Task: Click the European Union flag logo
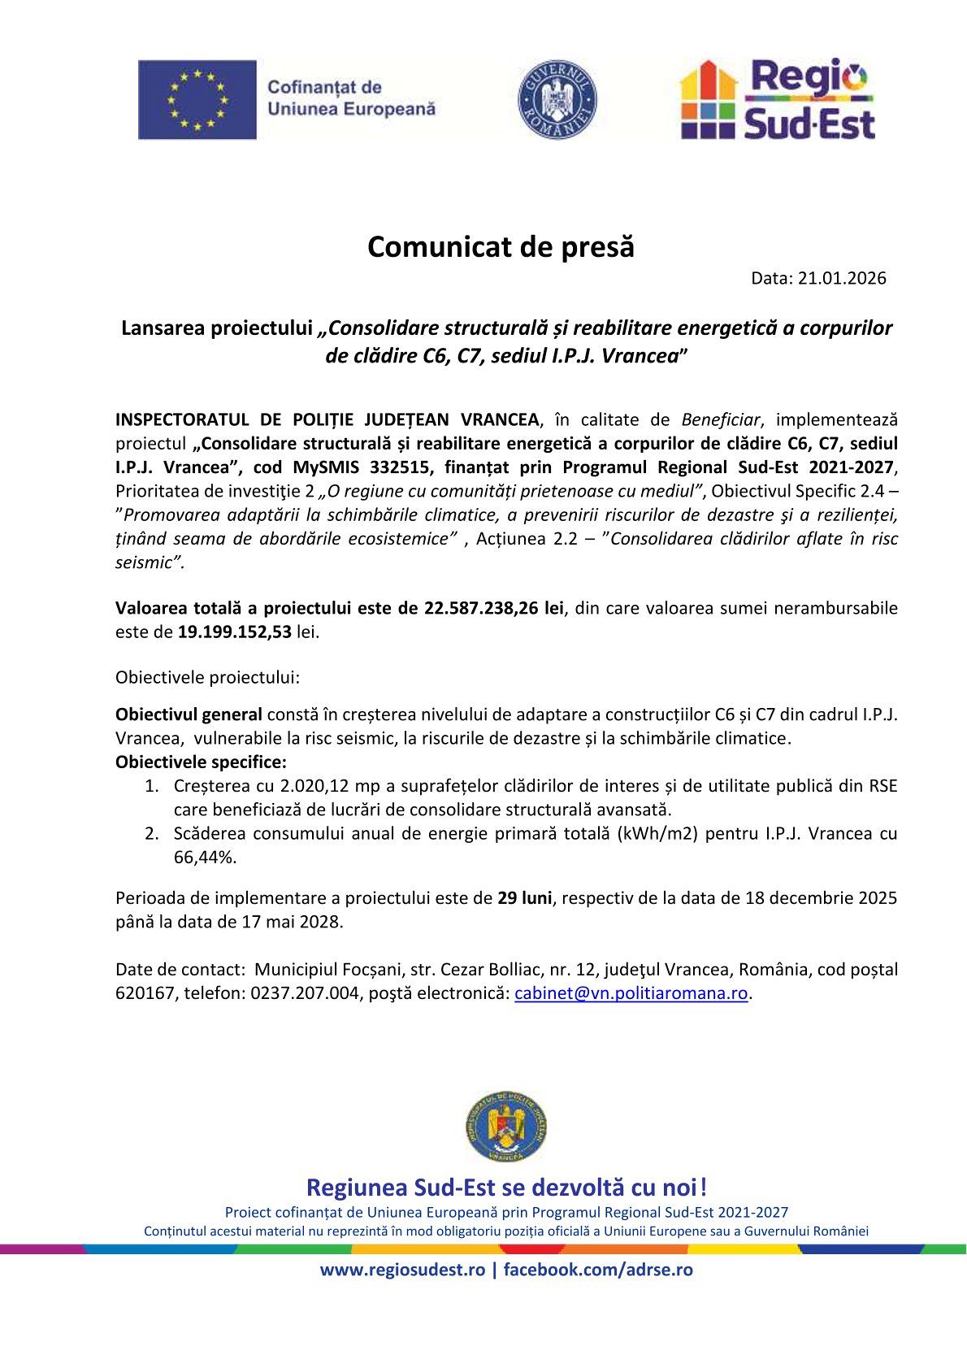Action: pyautogui.click(x=197, y=99)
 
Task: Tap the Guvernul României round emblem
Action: pyautogui.click(x=557, y=99)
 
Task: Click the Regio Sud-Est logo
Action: pyautogui.click(x=778, y=99)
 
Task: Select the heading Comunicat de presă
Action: pyautogui.click(x=501, y=246)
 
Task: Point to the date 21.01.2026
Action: pyautogui.click(x=842, y=279)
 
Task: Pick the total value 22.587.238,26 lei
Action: pyautogui.click(x=494, y=608)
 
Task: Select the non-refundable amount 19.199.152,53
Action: pyautogui.click(x=235, y=632)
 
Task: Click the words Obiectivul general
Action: pyautogui.click(x=189, y=714)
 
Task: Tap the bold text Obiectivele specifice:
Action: pyautogui.click(x=201, y=762)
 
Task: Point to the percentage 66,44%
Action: pyautogui.click(x=205, y=857)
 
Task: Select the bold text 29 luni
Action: pyautogui.click(x=525, y=898)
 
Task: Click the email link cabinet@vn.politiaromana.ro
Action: pyautogui.click(x=631, y=993)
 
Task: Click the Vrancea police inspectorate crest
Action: pyautogui.click(x=506, y=1127)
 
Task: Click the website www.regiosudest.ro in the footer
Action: pyautogui.click(x=402, y=1270)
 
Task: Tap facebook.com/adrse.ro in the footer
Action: pyautogui.click(x=598, y=1270)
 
